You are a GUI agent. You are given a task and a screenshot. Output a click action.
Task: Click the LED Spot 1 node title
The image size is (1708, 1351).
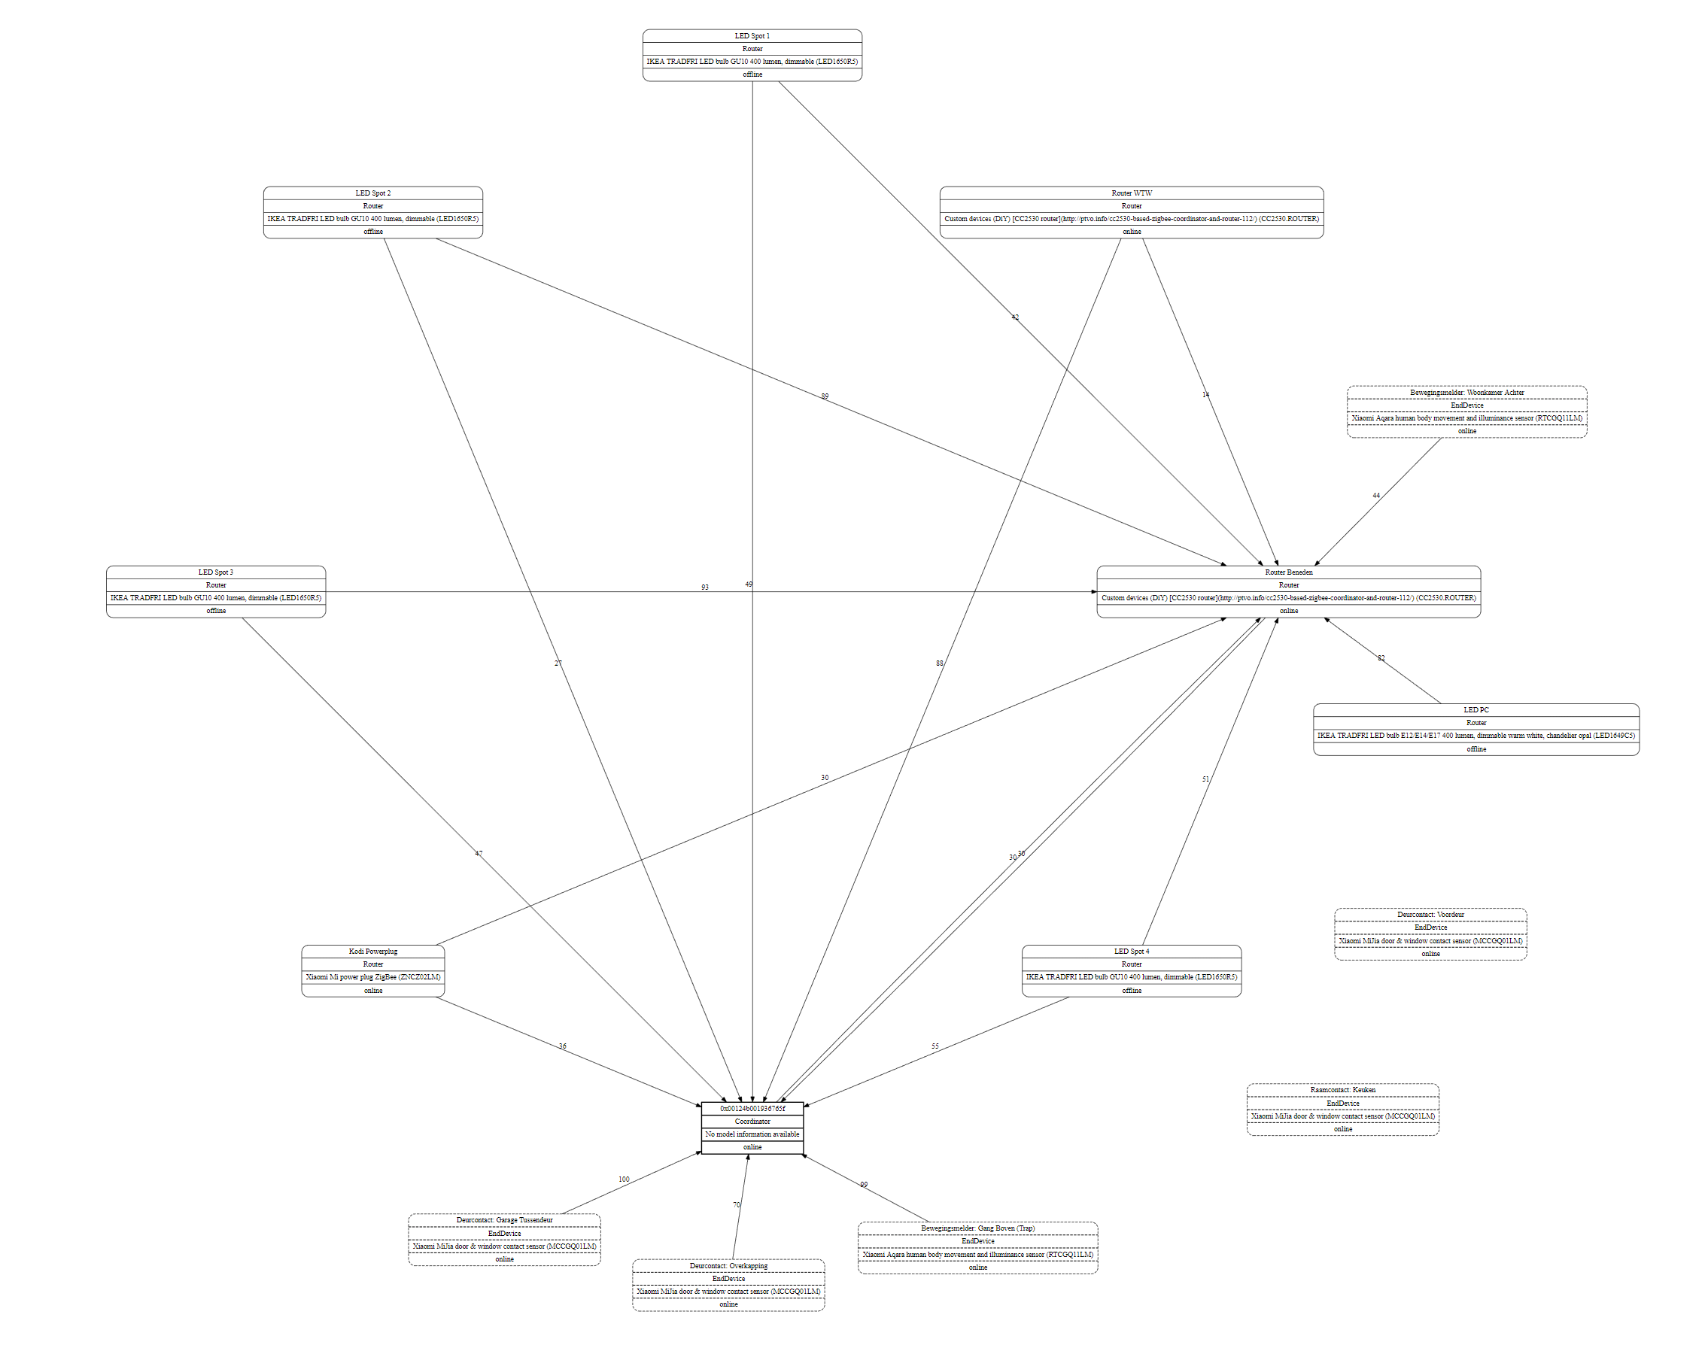tap(752, 35)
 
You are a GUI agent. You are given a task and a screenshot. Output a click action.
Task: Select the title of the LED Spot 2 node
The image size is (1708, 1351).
tap(372, 193)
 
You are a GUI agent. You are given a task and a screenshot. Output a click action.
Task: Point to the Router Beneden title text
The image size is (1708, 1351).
tap(1288, 572)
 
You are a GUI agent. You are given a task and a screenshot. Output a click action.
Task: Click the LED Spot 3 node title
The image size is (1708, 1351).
tap(215, 572)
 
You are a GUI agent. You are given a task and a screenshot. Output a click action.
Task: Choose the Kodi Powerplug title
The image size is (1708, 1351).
tap(372, 951)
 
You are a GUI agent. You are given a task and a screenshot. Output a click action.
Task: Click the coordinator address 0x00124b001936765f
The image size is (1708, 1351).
tap(752, 1108)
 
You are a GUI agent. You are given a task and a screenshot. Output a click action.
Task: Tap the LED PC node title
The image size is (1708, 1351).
tap(1476, 709)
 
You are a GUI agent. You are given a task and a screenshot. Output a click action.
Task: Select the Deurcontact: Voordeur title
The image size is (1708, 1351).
tap(1430, 915)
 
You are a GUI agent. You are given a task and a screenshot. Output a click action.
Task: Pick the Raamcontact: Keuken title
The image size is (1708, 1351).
tap(1342, 1089)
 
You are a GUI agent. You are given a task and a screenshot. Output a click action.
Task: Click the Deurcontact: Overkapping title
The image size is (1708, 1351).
tap(728, 1265)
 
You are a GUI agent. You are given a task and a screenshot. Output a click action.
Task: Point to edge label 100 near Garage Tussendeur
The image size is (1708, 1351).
tap(624, 1179)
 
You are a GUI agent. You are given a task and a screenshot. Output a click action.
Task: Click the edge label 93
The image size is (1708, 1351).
tap(704, 587)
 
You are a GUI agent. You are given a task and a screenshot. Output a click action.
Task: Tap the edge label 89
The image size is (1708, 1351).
tap(825, 396)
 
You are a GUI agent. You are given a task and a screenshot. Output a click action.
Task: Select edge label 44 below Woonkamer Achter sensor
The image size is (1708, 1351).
tap(1375, 496)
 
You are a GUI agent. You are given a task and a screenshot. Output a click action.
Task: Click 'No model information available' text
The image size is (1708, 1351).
tap(752, 1134)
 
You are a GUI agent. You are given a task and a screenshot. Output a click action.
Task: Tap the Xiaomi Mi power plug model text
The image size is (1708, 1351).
tap(372, 977)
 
